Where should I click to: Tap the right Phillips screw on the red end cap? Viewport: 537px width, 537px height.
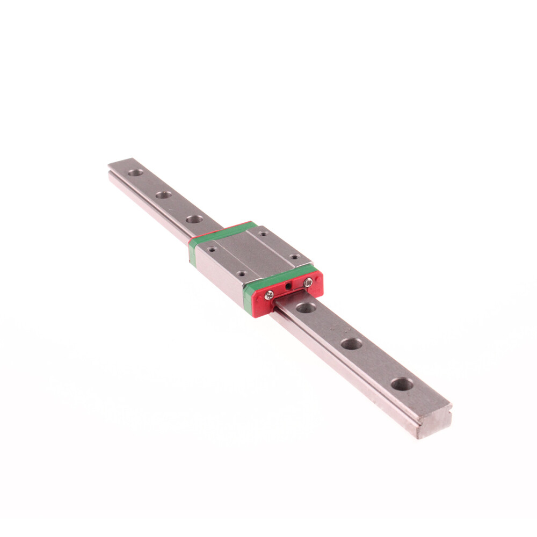point(308,282)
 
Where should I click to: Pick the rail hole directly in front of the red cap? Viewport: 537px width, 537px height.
point(306,308)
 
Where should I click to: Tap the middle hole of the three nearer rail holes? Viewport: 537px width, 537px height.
point(351,344)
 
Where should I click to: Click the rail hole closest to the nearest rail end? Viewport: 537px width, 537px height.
point(402,384)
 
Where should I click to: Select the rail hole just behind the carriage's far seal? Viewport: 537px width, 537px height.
point(194,219)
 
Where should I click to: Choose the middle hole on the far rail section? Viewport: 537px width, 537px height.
point(164,195)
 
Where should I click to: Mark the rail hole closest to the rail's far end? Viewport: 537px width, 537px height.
point(135,173)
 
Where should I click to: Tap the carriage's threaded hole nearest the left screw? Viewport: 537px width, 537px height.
point(241,273)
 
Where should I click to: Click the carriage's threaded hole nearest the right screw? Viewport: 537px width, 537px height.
point(293,257)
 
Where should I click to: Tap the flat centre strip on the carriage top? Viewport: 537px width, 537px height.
point(252,252)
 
